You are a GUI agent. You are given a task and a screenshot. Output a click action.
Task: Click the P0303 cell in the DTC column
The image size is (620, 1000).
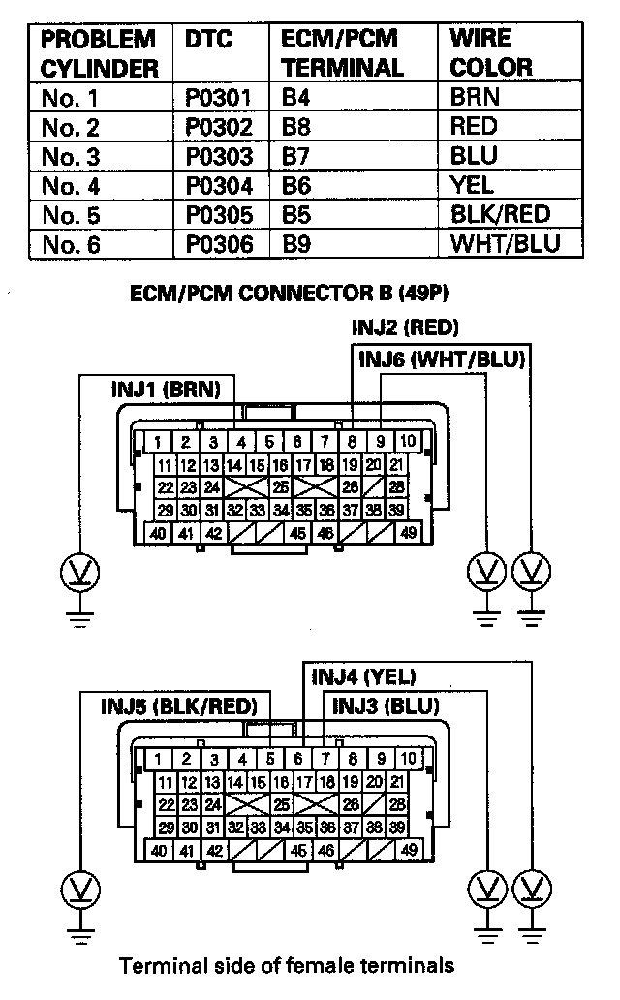click(x=218, y=156)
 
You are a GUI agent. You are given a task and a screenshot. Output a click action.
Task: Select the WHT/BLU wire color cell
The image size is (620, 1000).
click(x=504, y=243)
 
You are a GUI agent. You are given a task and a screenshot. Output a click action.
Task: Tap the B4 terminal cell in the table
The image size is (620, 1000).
click(x=294, y=98)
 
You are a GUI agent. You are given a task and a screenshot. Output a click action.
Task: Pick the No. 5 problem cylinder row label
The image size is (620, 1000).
click(x=72, y=214)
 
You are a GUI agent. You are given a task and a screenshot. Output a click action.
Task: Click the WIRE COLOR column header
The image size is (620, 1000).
click(x=491, y=54)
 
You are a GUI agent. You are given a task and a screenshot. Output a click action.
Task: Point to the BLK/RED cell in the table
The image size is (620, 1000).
click(x=500, y=214)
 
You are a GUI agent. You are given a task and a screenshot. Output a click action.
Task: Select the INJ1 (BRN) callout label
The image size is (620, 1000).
click(x=166, y=390)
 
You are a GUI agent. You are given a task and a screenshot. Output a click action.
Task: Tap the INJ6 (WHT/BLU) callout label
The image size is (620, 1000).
click(x=442, y=359)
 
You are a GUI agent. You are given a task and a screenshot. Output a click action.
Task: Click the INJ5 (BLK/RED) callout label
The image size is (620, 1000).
click(x=177, y=705)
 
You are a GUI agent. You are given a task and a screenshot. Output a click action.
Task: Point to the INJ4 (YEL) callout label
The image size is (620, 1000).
click(x=363, y=676)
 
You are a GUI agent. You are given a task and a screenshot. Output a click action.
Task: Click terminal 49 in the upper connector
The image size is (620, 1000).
click(x=408, y=532)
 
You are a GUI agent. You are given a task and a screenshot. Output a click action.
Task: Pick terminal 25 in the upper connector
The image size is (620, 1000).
click(x=280, y=486)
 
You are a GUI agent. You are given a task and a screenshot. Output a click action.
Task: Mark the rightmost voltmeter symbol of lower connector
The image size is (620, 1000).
click(x=529, y=887)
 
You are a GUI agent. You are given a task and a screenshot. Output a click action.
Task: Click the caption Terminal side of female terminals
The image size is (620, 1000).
click(x=286, y=966)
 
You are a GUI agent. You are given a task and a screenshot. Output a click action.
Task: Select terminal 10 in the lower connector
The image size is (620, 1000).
click(x=409, y=759)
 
